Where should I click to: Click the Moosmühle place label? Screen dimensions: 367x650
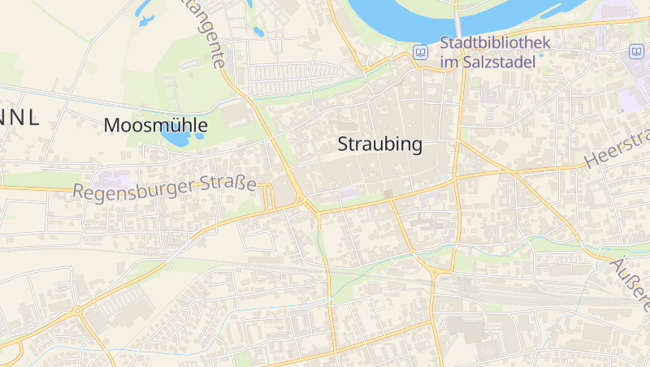coord(156,126)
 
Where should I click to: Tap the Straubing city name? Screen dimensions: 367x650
coord(379,145)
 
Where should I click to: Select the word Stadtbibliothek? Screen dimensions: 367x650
coord(495,44)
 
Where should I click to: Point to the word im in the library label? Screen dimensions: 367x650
coord(448,62)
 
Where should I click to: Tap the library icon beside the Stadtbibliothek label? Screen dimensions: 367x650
coord(421,52)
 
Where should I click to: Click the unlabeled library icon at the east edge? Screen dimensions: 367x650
coord(635,52)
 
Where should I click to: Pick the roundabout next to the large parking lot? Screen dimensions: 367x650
coord(77,311)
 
